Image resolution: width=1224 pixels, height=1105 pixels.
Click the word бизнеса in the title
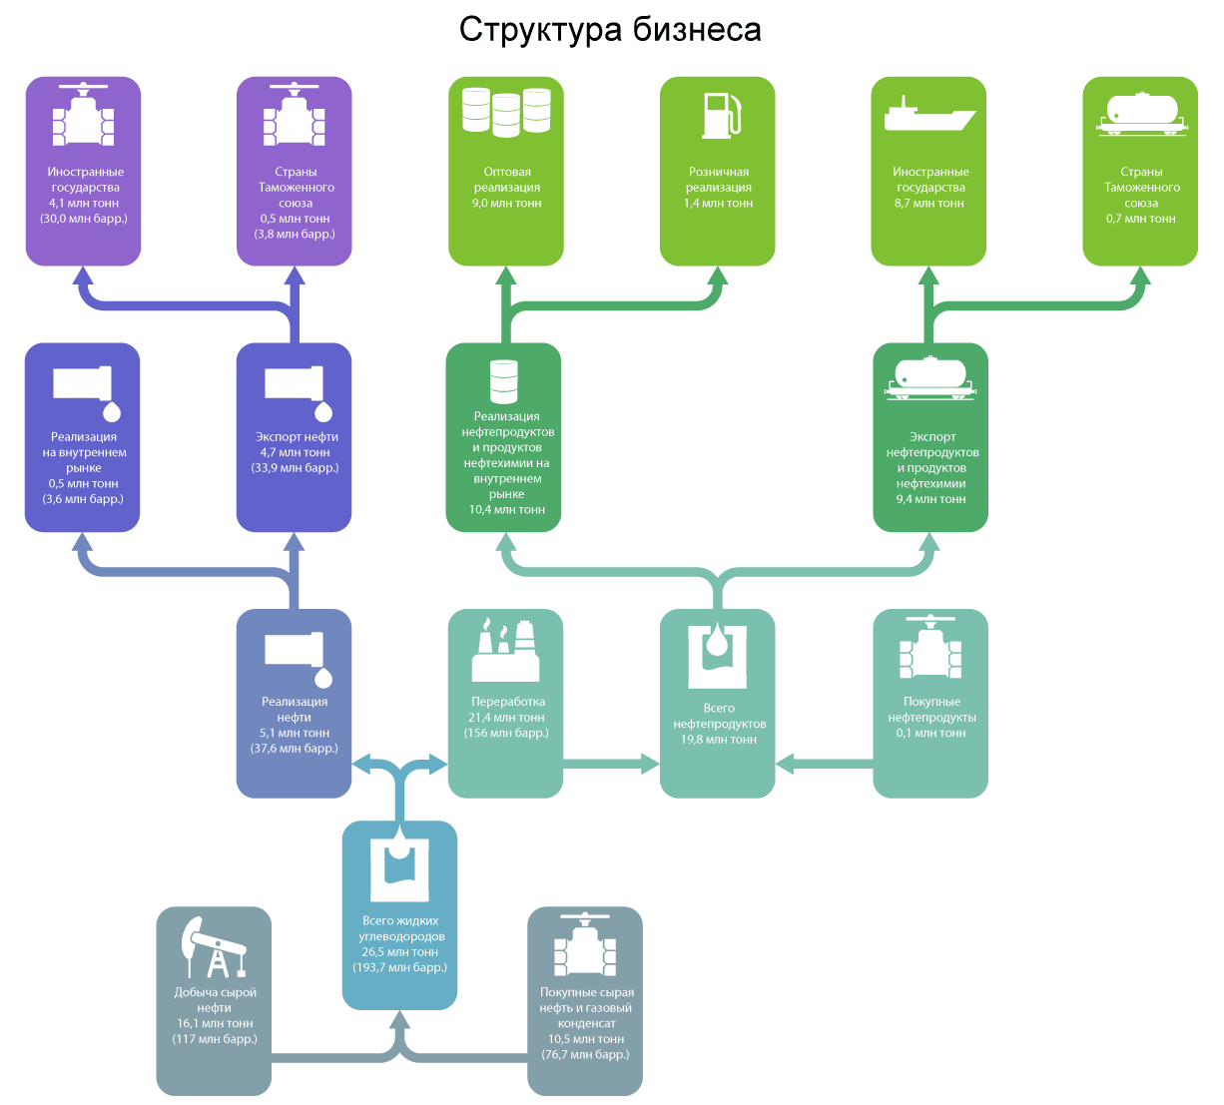click(697, 30)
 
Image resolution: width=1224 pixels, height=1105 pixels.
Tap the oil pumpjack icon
click(213, 947)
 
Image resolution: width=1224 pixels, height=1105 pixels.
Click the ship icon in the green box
click(928, 116)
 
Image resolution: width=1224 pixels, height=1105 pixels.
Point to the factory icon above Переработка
click(505, 650)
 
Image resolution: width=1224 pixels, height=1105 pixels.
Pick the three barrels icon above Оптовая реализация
click(506, 112)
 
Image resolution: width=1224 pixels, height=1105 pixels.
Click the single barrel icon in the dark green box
click(503, 381)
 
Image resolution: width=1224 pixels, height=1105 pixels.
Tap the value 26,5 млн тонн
click(399, 952)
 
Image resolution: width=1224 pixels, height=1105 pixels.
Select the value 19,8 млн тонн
click(719, 740)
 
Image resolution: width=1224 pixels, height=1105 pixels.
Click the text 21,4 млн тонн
click(506, 718)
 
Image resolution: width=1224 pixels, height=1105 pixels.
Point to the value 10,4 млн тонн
click(506, 510)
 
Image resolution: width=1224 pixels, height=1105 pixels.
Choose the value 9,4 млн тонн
click(930, 499)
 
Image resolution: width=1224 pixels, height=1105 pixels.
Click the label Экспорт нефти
click(297, 437)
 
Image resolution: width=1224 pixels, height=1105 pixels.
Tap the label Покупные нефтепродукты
click(931, 710)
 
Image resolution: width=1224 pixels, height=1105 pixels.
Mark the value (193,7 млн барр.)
click(399, 967)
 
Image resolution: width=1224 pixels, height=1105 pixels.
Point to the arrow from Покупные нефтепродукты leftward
click(824, 765)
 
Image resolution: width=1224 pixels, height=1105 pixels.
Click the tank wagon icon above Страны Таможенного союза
click(1142, 114)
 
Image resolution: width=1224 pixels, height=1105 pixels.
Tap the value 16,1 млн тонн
click(215, 1024)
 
